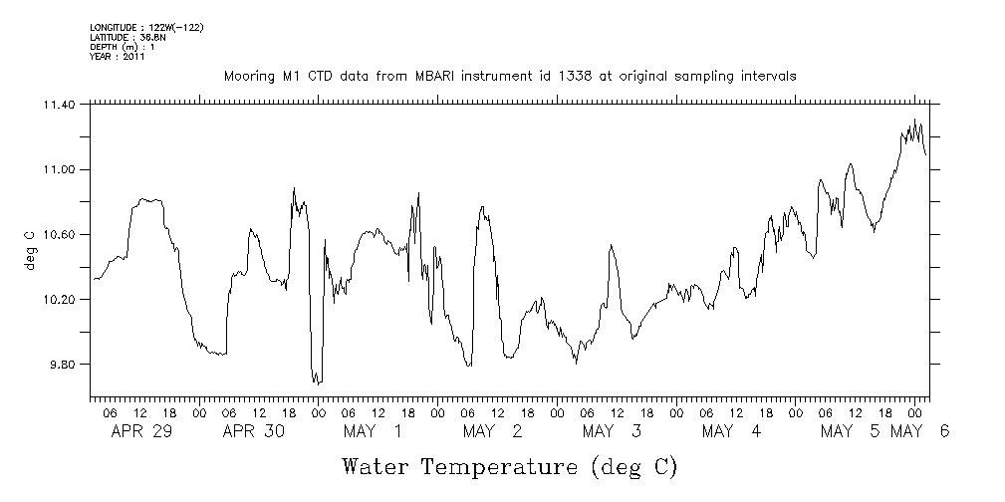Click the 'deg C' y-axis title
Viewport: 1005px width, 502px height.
[x=29, y=250]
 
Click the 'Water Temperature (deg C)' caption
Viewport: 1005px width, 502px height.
[x=510, y=466]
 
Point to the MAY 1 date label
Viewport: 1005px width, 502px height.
[x=372, y=431]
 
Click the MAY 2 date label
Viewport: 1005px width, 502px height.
[x=491, y=431]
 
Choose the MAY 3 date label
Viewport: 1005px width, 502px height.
[x=610, y=431]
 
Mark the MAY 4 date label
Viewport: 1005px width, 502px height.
[x=730, y=431]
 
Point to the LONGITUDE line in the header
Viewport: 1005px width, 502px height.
[x=146, y=26]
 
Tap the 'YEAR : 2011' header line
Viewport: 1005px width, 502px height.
[x=118, y=57]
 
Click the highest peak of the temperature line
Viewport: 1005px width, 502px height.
[x=914, y=120]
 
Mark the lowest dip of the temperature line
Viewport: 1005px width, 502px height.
[x=316, y=383]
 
